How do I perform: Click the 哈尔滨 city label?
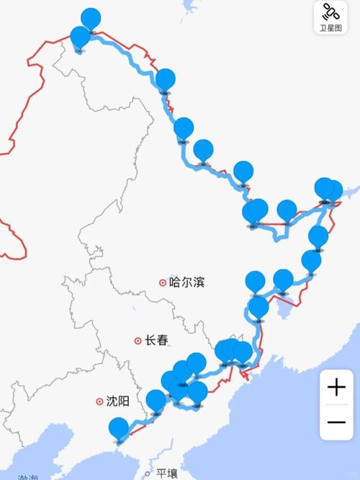pos(186,282)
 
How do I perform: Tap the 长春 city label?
pos(156,340)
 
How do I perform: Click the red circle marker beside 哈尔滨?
pos(163,282)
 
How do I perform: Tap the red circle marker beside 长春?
pos(137,340)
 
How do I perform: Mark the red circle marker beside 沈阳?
pos(99,401)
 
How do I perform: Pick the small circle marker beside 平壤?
pos(148,474)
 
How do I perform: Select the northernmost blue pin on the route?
pos(91,19)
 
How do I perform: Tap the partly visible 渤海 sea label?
pos(29,476)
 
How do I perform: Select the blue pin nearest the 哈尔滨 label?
pos(255,281)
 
